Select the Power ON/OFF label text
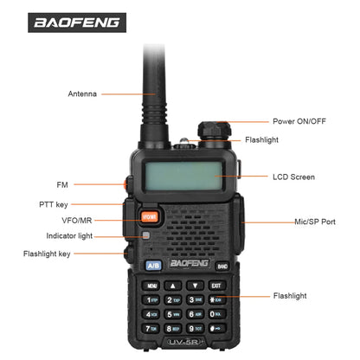click(299, 121)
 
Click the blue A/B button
click(153, 265)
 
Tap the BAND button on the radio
click(222, 267)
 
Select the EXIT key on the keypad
click(215, 286)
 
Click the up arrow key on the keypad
click(173, 286)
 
